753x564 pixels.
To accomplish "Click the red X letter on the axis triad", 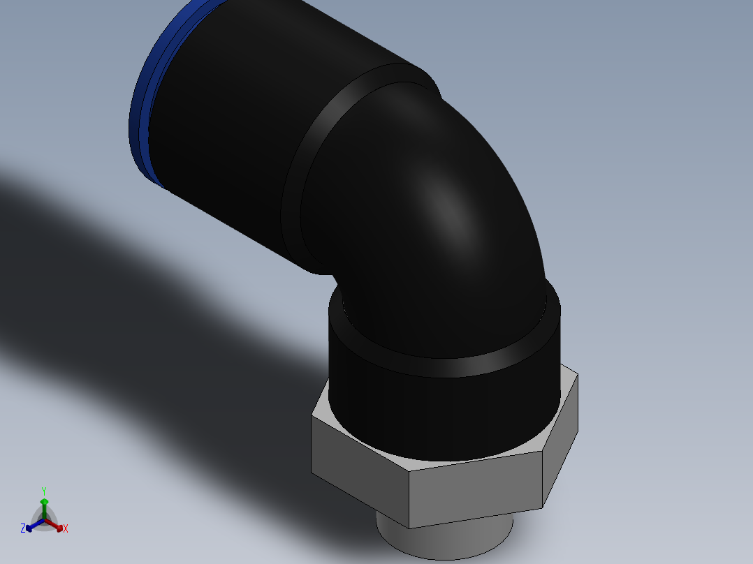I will (x=66, y=529).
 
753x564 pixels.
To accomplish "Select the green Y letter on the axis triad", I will (x=44, y=491).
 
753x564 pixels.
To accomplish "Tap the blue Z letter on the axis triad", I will (x=23, y=528).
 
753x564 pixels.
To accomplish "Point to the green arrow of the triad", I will (x=44, y=506).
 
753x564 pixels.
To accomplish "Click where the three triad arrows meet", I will (x=44, y=520).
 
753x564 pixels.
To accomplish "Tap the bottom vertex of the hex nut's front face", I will (x=409, y=528).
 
